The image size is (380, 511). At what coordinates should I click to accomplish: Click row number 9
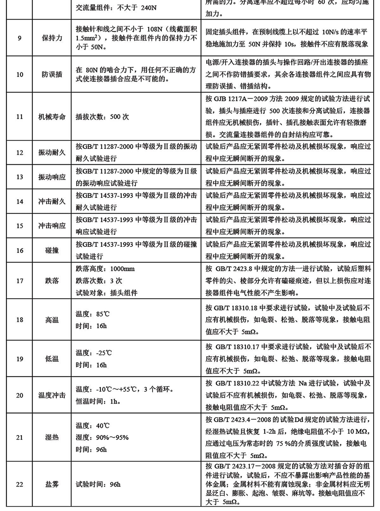pos(20,38)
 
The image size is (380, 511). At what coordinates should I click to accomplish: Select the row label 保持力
pos(52,38)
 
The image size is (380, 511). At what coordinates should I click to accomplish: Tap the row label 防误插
pos(52,75)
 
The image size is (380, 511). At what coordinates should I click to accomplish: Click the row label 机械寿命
pos(52,117)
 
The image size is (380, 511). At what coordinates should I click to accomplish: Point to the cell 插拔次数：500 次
pos(102,117)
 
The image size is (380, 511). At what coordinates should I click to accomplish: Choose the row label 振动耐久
pos(52,153)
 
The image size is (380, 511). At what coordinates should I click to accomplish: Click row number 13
pos(20,177)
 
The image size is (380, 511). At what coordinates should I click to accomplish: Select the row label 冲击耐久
pos(52,202)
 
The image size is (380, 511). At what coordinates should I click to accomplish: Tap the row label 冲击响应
pos(52,226)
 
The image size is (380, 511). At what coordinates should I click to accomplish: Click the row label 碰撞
pos(52,251)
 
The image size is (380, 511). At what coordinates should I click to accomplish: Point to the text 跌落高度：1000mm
pos(105,269)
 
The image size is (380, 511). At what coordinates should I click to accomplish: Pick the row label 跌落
pos(52,281)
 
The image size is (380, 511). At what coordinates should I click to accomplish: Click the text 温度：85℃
pos(92,314)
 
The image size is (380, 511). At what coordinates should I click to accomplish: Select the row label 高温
pos(52,320)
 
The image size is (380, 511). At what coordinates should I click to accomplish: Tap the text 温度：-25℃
pos(94,353)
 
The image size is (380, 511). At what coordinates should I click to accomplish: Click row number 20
pos(20,395)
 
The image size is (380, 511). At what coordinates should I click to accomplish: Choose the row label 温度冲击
pos(52,395)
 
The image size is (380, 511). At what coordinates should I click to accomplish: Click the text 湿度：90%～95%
pos(102,438)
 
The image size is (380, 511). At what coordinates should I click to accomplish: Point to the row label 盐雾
pos(52,484)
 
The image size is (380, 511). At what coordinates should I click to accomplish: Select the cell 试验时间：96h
pos(98,484)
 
